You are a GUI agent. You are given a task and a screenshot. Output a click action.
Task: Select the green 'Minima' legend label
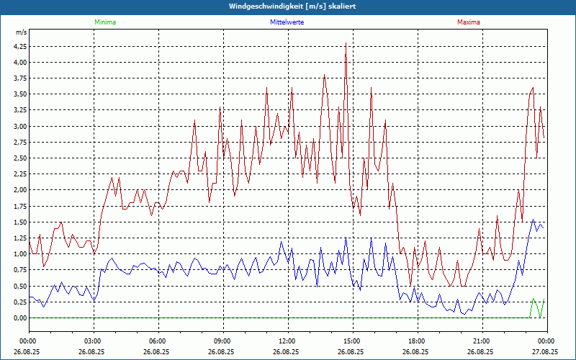coord(104,22)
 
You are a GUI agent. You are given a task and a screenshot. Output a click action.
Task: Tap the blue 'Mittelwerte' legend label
coord(287,22)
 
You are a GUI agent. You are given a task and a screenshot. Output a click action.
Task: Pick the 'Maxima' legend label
coord(468,22)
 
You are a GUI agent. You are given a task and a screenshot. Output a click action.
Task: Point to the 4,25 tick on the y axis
coord(19,46)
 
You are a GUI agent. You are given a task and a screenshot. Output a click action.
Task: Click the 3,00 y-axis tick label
coord(19,126)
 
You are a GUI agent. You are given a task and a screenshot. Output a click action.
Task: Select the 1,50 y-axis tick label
coord(19,222)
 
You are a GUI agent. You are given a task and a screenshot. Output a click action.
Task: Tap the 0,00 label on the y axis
coord(19,318)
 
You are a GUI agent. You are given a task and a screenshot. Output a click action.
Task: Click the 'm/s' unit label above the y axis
coord(21,33)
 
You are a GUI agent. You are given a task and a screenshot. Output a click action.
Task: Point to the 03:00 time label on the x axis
coord(93,341)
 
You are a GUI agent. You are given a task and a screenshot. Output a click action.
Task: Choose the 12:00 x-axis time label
coord(287,341)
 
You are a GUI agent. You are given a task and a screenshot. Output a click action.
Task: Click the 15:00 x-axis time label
coord(352,341)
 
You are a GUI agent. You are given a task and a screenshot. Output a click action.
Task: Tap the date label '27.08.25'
coord(546,352)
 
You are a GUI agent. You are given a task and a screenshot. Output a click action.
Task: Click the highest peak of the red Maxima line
coord(346,44)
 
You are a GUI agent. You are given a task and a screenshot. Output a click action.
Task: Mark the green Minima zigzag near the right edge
coord(536,308)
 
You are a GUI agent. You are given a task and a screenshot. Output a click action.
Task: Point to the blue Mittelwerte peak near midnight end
coord(533,221)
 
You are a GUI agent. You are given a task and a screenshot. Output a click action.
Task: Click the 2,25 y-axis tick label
coord(19,174)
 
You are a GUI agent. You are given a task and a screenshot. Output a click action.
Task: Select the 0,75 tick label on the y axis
coord(19,270)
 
